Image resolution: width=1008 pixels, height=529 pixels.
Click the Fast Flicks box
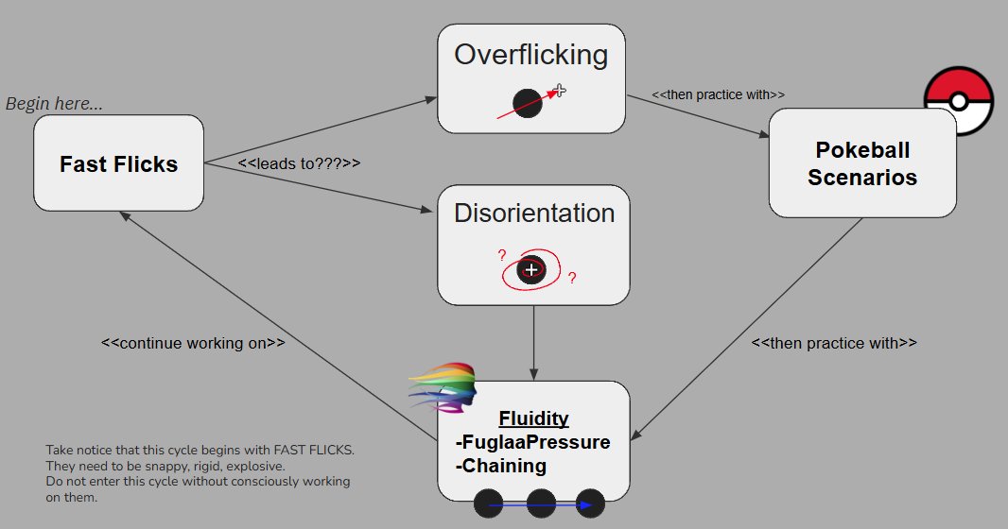point(118,163)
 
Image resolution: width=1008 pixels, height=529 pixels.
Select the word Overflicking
point(530,55)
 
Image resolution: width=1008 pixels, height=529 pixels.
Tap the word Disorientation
point(533,213)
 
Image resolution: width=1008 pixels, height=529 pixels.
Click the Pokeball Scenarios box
point(861,163)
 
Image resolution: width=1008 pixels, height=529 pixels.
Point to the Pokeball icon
point(959,102)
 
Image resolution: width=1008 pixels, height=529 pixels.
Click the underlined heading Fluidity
point(533,419)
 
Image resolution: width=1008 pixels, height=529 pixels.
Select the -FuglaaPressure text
point(533,442)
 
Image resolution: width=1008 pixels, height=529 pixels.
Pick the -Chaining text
point(501,466)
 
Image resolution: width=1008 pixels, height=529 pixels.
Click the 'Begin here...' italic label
point(54,104)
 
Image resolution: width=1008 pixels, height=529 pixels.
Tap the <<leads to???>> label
point(299,163)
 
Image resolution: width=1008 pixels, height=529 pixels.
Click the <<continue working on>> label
point(193,343)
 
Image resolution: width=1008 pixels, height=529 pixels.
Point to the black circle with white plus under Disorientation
point(532,270)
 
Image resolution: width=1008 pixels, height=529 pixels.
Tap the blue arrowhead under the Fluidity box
point(588,505)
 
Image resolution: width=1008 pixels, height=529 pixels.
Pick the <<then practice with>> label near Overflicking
point(719,95)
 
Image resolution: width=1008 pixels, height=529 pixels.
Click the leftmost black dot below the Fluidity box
point(488,504)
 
